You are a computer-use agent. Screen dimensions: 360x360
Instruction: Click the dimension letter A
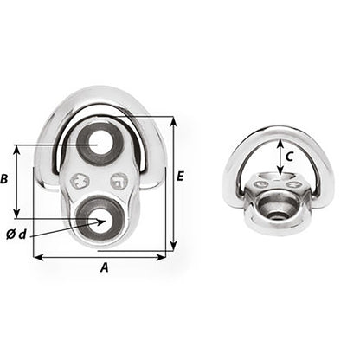pos(105,268)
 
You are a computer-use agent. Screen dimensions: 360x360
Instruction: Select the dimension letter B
pos(6,180)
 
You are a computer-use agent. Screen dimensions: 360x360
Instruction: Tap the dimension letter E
pos(180,177)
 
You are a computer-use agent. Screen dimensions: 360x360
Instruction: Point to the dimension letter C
pos(291,157)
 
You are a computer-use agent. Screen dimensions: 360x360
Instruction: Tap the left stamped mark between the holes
pos(80,181)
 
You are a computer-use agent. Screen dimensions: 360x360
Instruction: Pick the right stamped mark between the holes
pos(119,181)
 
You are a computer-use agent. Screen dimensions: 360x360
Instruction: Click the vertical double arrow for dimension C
pos(279,158)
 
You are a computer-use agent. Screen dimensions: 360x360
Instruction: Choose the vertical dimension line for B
pos(17,181)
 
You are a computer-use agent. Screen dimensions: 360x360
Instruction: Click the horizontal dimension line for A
pos(100,256)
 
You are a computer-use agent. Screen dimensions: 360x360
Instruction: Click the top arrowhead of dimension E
pos(173,120)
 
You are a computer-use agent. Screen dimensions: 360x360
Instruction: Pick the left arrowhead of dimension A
pos(36,256)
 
